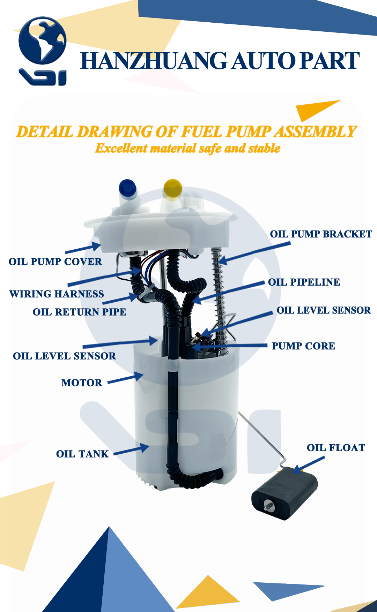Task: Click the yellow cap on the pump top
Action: pyautogui.click(x=172, y=189)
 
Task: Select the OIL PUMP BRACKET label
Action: pyautogui.click(x=321, y=234)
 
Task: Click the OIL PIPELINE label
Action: pyautogui.click(x=304, y=282)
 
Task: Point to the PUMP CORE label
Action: pyautogui.click(x=303, y=346)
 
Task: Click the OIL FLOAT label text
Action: pyautogui.click(x=336, y=448)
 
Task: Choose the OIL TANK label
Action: pyautogui.click(x=82, y=454)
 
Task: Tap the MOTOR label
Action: pyautogui.click(x=82, y=383)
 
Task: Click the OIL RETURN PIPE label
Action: pyautogui.click(x=79, y=312)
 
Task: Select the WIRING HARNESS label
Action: pyautogui.click(x=57, y=294)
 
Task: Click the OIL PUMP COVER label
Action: pyautogui.click(x=55, y=262)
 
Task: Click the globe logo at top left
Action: pyautogui.click(x=42, y=41)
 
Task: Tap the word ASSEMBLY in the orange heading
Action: pyautogui.click(x=315, y=132)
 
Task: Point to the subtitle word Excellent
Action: pyautogui.click(x=121, y=148)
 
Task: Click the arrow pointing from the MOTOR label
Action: pyautogui.click(x=126, y=378)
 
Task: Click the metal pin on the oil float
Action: pyautogui.click(x=268, y=505)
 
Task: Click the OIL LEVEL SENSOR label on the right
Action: pyautogui.click(x=323, y=310)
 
